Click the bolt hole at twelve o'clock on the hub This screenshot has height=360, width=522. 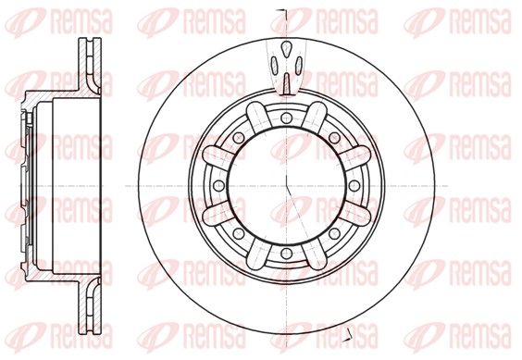click(x=287, y=118)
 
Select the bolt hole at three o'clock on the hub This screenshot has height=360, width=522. click(x=354, y=185)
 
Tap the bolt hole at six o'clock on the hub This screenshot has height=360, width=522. click(x=287, y=254)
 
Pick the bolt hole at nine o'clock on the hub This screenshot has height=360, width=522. click(x=218, y=185)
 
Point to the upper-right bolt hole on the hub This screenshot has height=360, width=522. click(x=334, y=138)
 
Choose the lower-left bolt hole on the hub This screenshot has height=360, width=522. click(x=239, y=233)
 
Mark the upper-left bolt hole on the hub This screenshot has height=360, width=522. click(x=239, y=138)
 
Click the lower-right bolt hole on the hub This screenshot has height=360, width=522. click(x=334, y=233)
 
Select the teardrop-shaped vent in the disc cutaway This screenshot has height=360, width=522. click(x=286, y=49)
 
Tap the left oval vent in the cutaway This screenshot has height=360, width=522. click(x=274, y=65)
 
